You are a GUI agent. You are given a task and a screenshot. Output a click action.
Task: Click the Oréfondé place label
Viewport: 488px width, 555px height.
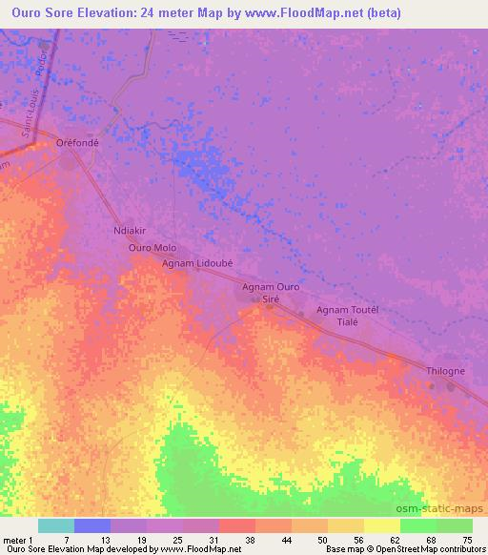77,143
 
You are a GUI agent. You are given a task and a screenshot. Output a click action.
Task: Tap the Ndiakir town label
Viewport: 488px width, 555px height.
131,231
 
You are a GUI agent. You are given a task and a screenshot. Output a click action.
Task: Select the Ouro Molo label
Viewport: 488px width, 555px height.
152,247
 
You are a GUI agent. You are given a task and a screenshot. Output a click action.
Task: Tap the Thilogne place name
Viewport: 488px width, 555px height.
446,371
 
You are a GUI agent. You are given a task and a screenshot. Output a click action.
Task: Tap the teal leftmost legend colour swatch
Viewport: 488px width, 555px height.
56,525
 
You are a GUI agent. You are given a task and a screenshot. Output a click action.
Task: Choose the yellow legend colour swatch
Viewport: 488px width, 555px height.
381,525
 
